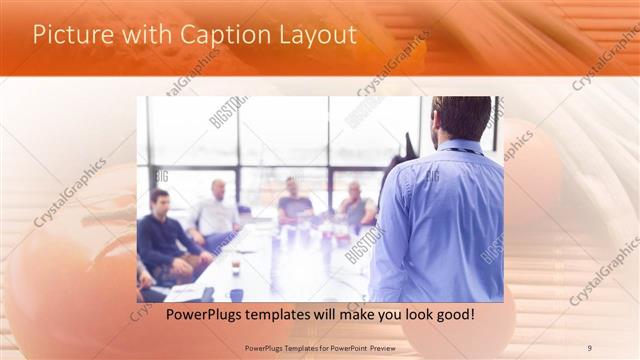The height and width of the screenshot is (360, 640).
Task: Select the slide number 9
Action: [x=589, y=347]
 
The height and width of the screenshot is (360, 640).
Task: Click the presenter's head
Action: [x=461, y=119]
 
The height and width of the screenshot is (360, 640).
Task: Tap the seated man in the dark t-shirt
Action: [x=294, y=204]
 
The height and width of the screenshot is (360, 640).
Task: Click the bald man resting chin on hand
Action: [x=355, y=206]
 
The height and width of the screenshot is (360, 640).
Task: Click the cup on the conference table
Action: [x=236, y=267]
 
